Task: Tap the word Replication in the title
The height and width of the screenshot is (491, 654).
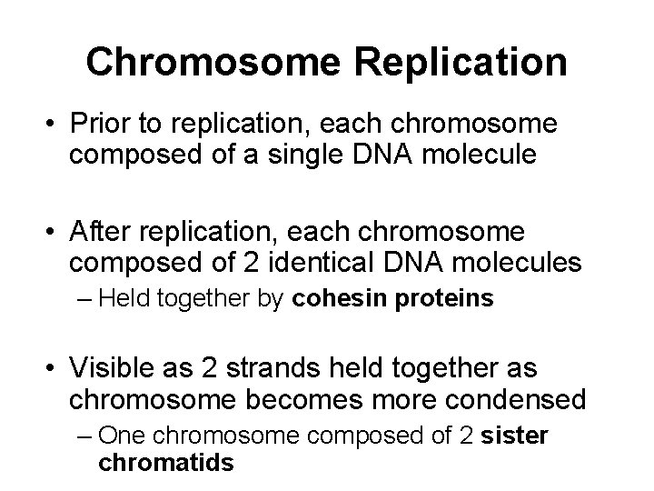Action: (463, 62)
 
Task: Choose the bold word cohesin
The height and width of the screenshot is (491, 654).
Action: (334, 299)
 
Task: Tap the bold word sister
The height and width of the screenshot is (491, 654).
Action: (518, 435)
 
